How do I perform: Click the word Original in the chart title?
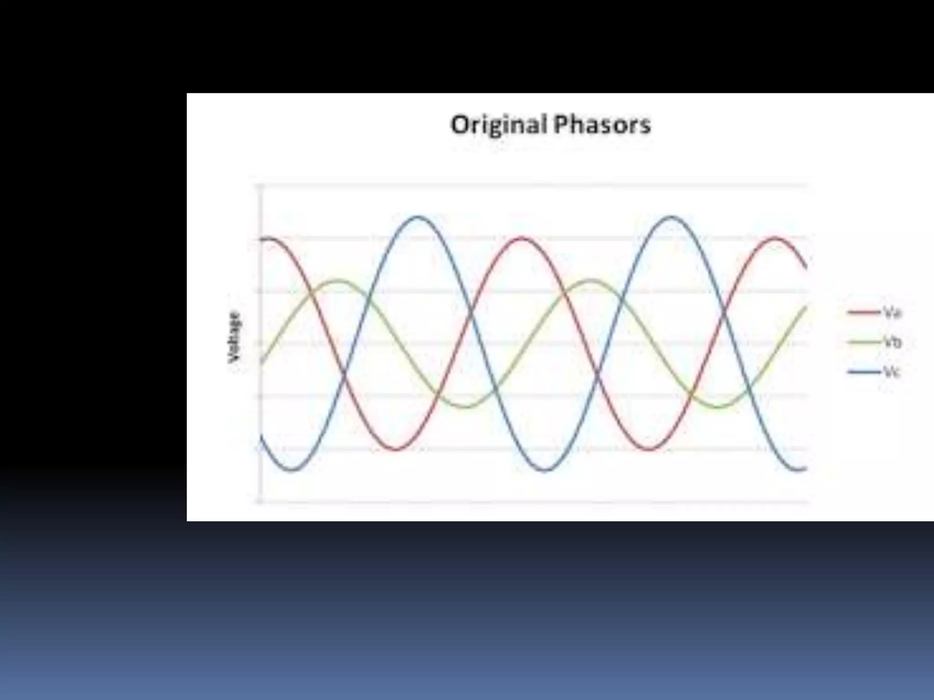(499, 125)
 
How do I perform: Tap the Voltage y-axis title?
(234, 337)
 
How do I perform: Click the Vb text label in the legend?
(892, 342)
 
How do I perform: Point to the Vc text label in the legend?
(892, 372)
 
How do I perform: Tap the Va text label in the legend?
(892, 313)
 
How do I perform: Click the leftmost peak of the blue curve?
(418, 217)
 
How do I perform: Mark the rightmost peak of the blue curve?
(671, 217)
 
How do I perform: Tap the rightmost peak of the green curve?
(591, 280)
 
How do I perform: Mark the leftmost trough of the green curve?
(465, 407)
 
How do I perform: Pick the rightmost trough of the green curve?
(717, 407)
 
